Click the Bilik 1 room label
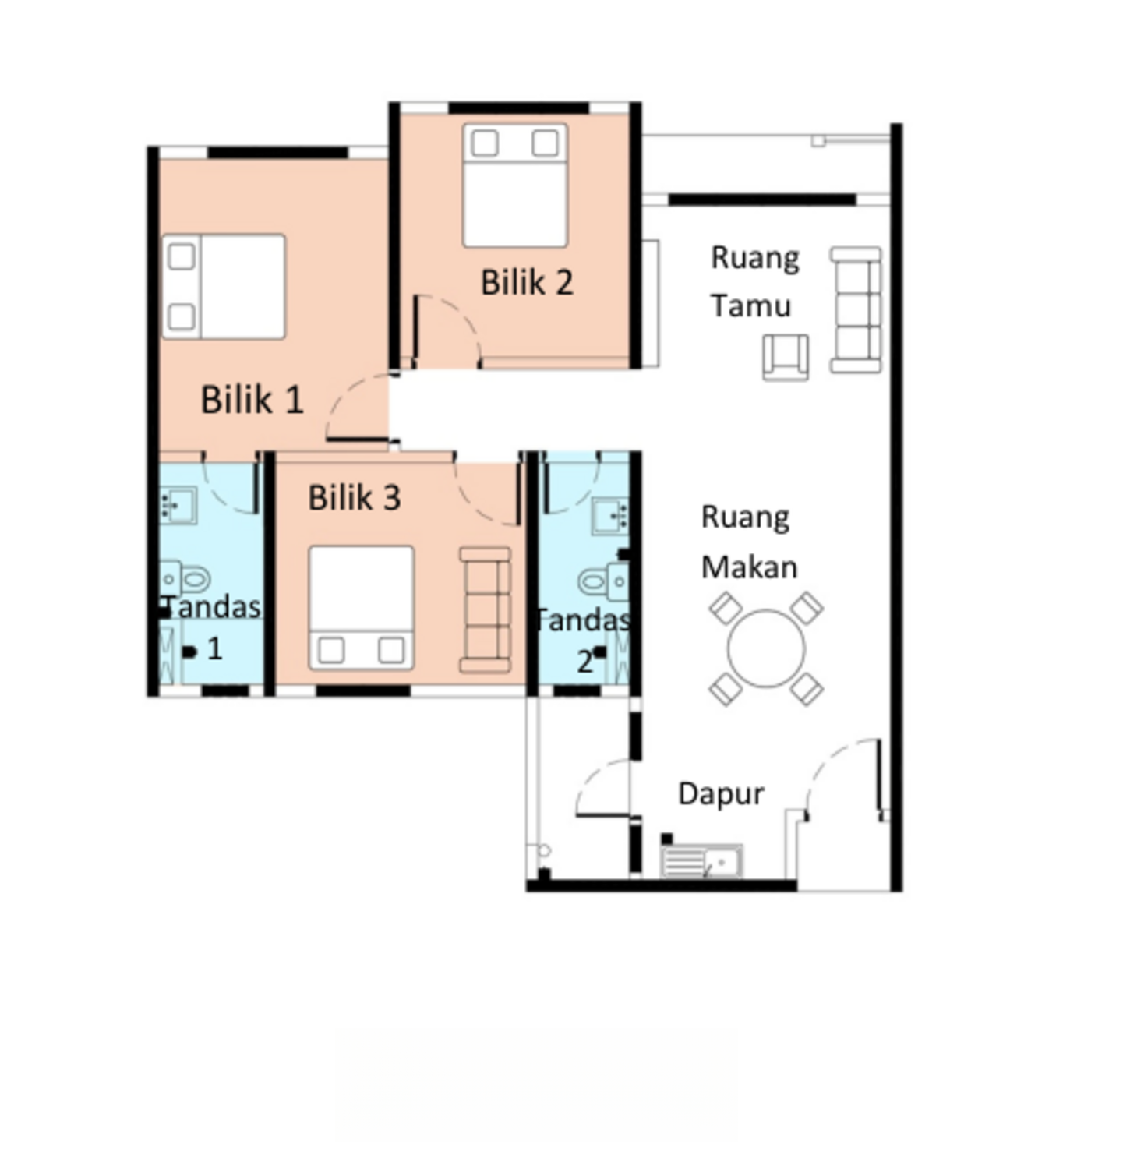click(x=252, y=400)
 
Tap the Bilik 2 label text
click(x=527, y=282)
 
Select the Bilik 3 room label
click(x=355, y=498)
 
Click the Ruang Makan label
click(x=749, y=542)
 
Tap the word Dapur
click(x=721, y=794)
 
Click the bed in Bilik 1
click(x=224, y=287)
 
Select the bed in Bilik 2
click(x=515, y=185)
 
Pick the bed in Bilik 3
click(x=361, y=608)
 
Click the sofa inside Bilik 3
click(x=485, y=609)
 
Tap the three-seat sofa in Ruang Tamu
click(x=856, y=309)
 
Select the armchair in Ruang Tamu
click(x=786, y=357)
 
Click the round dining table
click(x=766, y=648)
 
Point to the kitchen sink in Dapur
click(x=701, y=861)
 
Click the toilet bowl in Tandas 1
click(x=185, y=579)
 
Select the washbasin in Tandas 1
click(x=178, y=506)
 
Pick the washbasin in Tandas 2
click(x=610, y=516)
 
